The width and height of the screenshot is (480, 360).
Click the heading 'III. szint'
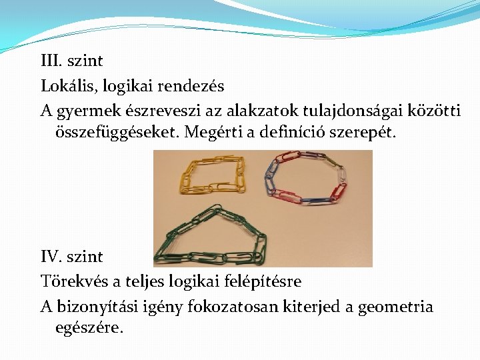coord(71,61)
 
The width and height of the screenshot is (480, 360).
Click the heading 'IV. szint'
coord(72,257)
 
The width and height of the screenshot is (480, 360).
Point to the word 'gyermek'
coord(89,111)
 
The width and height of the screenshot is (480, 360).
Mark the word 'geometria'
coord(395,307)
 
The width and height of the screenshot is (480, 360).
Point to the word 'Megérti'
coord(211,132)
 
